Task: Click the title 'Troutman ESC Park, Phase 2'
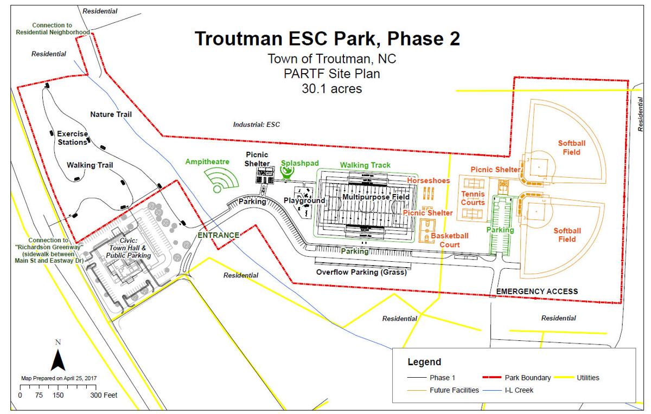[x=327, y=38]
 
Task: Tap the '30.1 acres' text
[x=331, y=88]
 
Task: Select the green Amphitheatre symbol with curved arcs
[x=221, y=179]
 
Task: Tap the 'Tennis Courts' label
[x=473, y=198]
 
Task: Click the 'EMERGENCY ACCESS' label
[x=537, y=292]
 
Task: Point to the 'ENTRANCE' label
[x=219, y=235]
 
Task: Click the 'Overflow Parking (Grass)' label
[x=361, y=272]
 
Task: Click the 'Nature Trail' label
[x=111, y=114]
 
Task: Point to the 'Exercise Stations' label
[x=72, y=138]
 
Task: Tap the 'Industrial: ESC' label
[x=256, y=124]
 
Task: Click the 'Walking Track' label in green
[x=365, y=165]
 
